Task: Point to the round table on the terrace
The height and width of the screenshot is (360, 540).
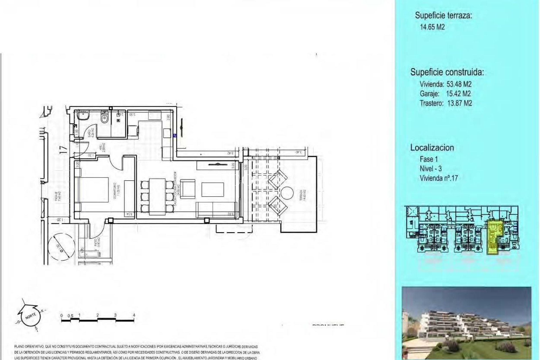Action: tap(288, 194)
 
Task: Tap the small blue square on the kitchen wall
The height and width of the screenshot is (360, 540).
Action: tap(174, 135)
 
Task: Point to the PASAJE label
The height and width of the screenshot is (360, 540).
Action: tap(56, 196)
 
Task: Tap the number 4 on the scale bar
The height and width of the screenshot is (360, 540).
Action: tap(134, 315)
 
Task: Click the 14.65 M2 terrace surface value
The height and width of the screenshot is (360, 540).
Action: tap(432, 27)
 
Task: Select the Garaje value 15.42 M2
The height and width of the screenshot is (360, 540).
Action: tap(458, 94)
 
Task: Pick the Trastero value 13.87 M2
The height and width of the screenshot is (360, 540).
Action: tap(460, 103)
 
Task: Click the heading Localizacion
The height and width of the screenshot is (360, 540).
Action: tap(432, 148)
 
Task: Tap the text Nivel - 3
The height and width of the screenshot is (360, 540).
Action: tap(431, 168)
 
